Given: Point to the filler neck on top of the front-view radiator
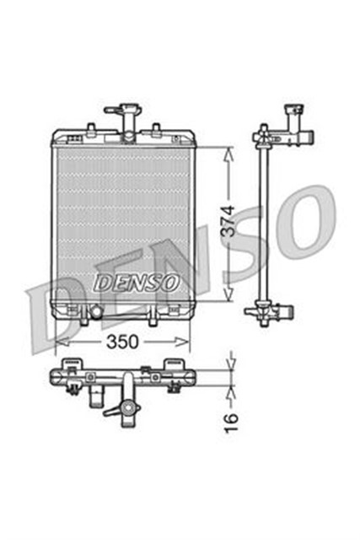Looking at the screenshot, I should click(x=131, y=116).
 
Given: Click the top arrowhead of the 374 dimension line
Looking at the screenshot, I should click(x=227, y=152).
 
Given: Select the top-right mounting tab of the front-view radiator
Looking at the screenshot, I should click(x=156, y=128).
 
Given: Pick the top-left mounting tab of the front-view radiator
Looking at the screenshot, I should click(x=89, y=128).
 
